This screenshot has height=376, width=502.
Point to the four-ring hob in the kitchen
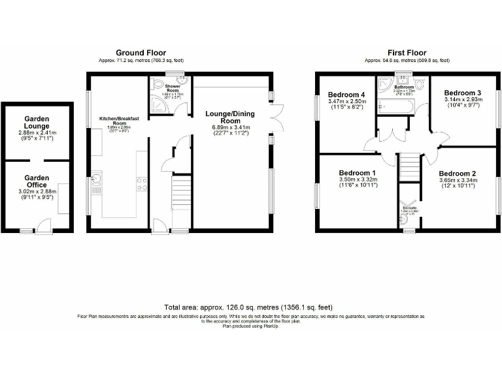pyautogui.click(x=141, y=183)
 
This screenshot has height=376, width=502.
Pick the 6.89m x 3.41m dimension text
pyautogui.click(x=229, y=128)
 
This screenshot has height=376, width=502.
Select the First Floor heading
pyautogui.click(x=407, y=52)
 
